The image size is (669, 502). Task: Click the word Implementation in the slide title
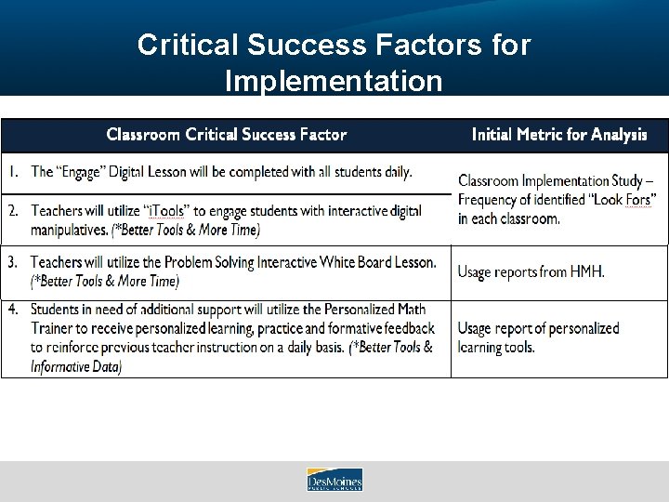334,81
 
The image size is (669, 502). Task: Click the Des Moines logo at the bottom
334,480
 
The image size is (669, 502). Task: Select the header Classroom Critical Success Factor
227,135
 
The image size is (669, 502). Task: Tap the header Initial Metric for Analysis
559,135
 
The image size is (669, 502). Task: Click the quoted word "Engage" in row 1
87,172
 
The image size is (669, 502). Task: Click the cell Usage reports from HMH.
531,272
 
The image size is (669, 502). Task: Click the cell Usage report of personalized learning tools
539,337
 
